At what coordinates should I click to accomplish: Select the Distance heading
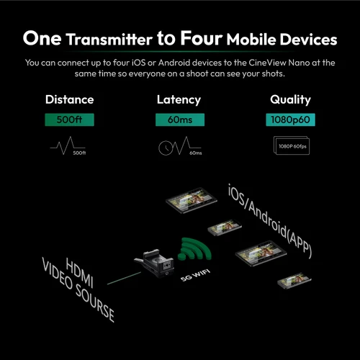(x=69, y=100)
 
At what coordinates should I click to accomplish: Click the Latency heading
(x=179, y=100)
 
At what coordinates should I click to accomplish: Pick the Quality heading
(x=290, y=100)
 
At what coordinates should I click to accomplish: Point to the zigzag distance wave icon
(x=63, y=148)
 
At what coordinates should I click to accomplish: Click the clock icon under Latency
(x=168, y=148)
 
